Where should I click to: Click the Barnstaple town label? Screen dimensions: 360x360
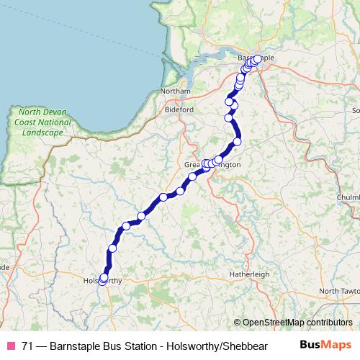coord(256,58)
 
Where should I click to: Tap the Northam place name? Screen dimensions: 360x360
coord(176,91)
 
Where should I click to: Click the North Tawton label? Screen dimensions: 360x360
coord(338,291)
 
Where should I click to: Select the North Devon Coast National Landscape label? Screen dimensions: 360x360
coord(45,122)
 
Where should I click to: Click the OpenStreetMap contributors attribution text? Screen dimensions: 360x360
coord(297,323)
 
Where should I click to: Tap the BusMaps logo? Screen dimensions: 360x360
coord(325,346)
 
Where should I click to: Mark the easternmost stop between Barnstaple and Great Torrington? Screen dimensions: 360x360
coord(237,141)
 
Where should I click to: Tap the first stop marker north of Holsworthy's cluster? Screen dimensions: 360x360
coord(112,248)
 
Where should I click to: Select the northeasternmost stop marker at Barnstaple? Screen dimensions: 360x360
coord(257,59)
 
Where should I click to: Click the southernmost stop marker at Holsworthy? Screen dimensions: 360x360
coord(102,281)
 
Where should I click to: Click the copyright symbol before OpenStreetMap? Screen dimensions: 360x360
coord(238,323)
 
